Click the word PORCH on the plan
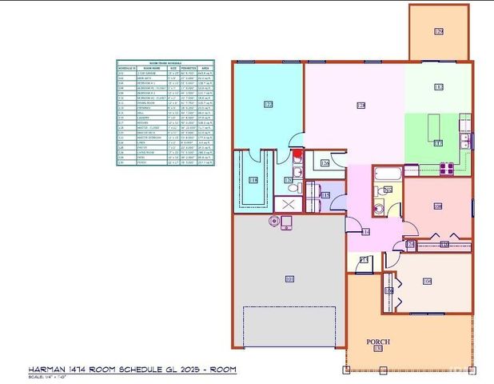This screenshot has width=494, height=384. click(x=378, y=341)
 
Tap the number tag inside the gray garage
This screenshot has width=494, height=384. click(x=289, y=278)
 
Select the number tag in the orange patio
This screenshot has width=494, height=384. click(x=439, y=31)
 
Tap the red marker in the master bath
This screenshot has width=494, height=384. click(x=296, y=154)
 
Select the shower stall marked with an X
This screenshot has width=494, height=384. click(x=285, y=204)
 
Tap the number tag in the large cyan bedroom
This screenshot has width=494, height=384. click(x=268, y=103)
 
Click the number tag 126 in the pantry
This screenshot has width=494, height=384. click(x=325, y=163)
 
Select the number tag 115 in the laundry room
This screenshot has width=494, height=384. click(x=325, y=194)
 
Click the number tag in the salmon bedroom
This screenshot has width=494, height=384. click(x=438, y=206)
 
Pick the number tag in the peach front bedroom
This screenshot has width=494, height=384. click(x=427, y=281)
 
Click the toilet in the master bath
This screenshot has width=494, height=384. click(x=293, y=187)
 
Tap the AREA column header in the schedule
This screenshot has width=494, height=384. click(x=206, y=70)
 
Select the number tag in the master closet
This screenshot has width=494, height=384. click(x=254, y=180)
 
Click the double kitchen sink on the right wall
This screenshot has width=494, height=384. click(x=464, y=143)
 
